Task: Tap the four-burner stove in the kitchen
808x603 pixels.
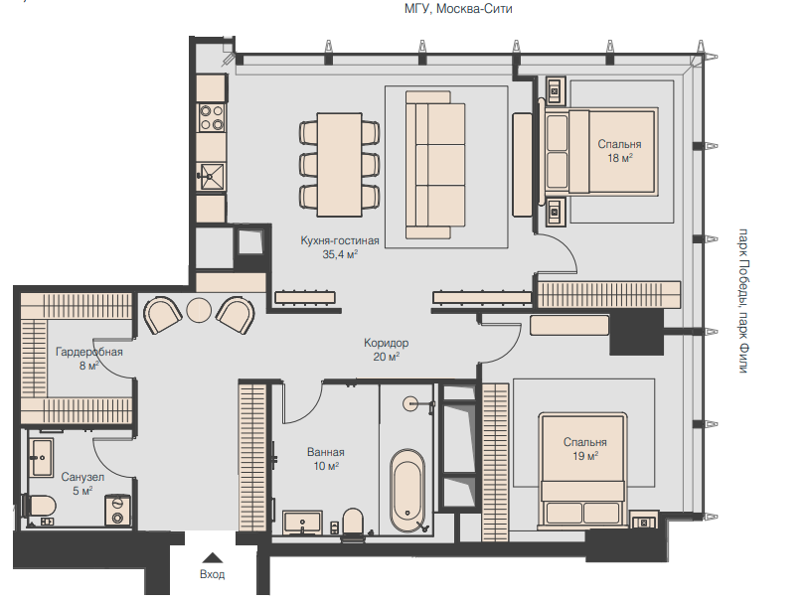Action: [212, 117]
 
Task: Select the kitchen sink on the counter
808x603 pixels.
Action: [212, 177]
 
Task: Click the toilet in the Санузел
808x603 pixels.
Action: [39, 506]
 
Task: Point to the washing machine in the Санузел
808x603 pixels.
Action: [117, 511]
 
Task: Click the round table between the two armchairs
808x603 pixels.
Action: [199, 311]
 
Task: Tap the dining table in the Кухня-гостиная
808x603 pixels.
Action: [340, 165]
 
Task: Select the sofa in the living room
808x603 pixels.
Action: [435, 165]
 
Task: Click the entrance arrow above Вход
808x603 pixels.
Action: [212, 557]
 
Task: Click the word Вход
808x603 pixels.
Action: [212, 574]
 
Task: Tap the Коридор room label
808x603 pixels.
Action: [386, 343]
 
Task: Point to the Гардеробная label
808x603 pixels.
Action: [89, 352]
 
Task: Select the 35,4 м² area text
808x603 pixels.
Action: [340, 254]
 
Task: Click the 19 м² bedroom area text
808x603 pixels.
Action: [585, 456]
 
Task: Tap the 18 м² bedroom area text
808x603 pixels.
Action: [620, 158]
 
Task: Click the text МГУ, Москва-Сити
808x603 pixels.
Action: [458, 9]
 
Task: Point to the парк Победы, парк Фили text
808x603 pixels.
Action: [743, 301]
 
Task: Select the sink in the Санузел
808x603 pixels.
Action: [41, 458]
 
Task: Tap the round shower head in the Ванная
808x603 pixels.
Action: [410, 403]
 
